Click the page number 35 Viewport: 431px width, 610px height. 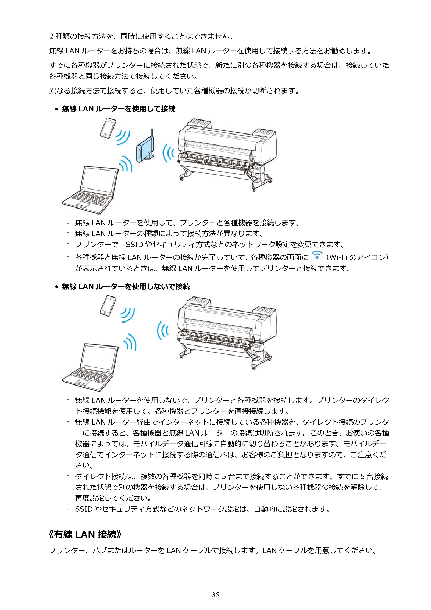pos(215,595)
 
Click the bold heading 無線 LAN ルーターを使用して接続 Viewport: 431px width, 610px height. pos(119,109)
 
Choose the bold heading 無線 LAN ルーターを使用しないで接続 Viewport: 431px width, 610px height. pos(126,286)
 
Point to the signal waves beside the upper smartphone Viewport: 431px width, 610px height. pos(123,137)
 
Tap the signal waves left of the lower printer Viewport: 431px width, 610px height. pos(162,331)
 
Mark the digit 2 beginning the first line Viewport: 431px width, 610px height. pos(51,36)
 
